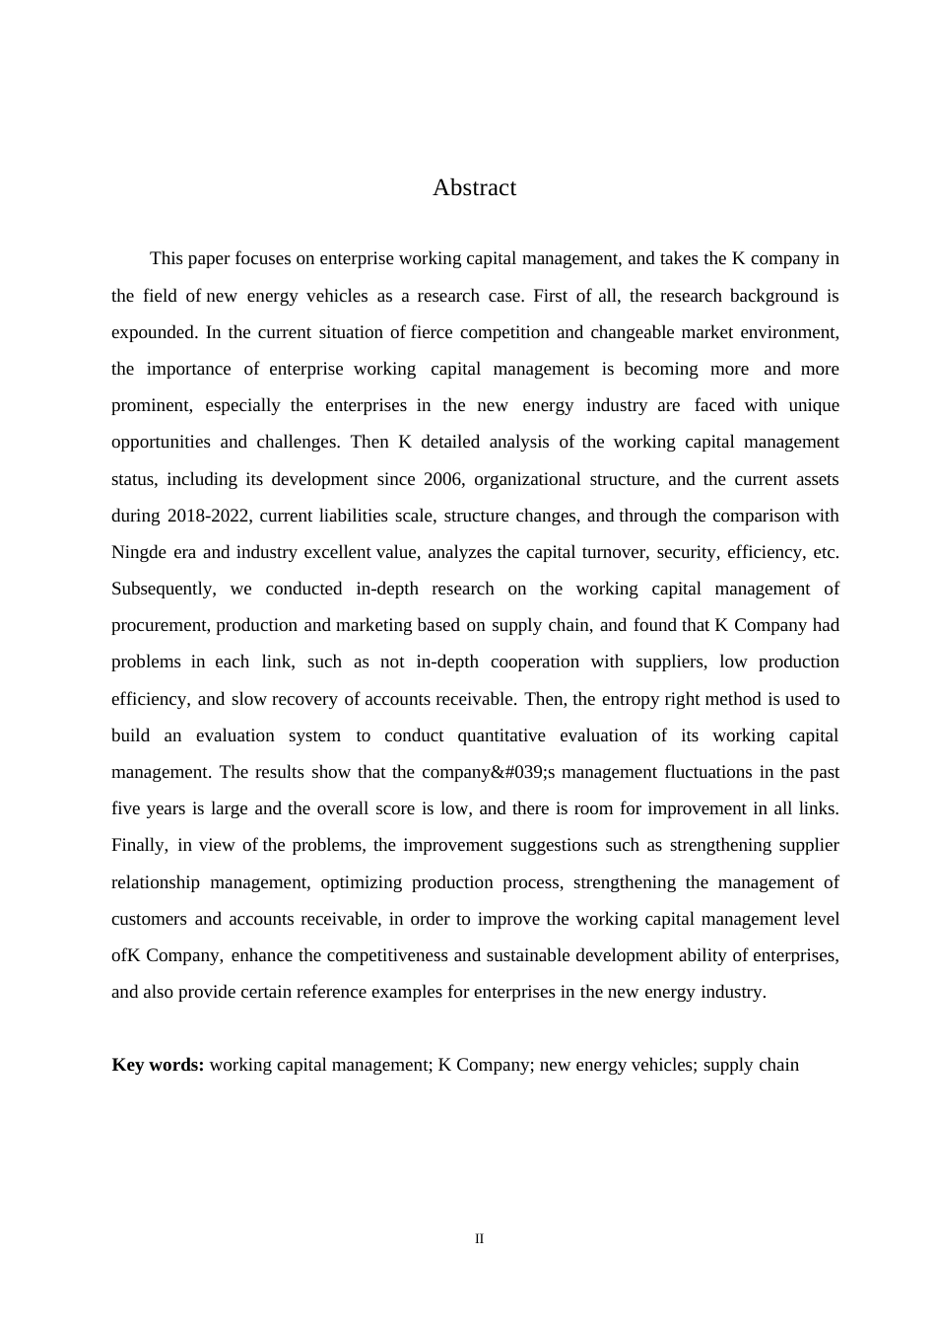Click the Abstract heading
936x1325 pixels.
coord(474,188)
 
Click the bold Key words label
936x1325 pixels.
coord(158,1065)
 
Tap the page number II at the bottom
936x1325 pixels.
coord(479,1239)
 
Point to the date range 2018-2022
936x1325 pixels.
coord(208,516)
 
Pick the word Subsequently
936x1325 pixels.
coord(163,589)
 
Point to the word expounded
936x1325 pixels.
coord(155,332)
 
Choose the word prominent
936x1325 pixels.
coord(151,405)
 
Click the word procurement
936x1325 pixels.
coord(160,625)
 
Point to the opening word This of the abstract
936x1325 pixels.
coord(167,259)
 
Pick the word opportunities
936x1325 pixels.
coord(161,442)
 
